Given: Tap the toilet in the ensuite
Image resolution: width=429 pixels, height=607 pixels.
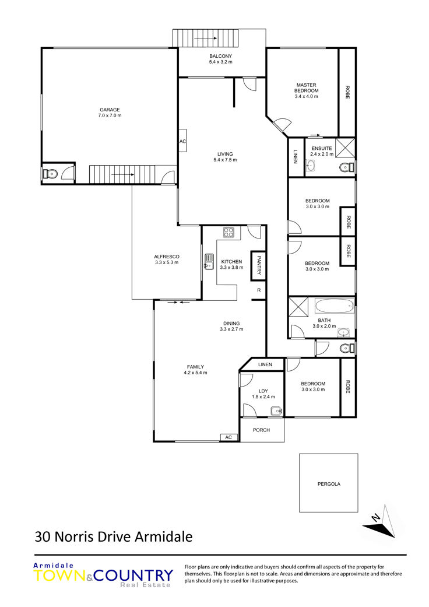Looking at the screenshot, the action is (346, 167).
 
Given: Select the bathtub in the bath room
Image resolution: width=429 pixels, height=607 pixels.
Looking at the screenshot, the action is (335, 306).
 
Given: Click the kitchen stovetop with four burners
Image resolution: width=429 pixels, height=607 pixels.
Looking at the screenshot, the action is (228, 232).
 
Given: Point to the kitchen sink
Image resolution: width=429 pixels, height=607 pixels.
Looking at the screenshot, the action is (209, 261).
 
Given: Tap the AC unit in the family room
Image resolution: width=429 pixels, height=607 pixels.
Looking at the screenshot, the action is (228, 437).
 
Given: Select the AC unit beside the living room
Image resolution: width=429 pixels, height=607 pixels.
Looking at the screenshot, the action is (182, 141).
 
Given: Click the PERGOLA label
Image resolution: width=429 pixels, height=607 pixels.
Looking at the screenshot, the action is (329, 484).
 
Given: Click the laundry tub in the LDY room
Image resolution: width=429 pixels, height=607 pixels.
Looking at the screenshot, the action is (277, 411).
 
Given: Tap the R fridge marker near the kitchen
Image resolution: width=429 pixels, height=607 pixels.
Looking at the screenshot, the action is (259, 290).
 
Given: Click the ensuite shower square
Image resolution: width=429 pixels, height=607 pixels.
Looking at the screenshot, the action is (345, 147).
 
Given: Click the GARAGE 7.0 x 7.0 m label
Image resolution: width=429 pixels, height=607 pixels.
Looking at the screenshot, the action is (110, 113).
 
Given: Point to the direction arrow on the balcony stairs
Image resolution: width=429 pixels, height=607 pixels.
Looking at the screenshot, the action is (205, 38).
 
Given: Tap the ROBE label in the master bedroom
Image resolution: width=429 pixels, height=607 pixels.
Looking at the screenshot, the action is (347, 92).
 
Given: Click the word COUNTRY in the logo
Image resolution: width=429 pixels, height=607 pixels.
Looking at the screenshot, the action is (133, 576).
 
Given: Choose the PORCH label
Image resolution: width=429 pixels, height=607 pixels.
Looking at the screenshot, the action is (261, 430).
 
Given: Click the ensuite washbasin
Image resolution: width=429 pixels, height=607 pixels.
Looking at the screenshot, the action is (310, 166).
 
